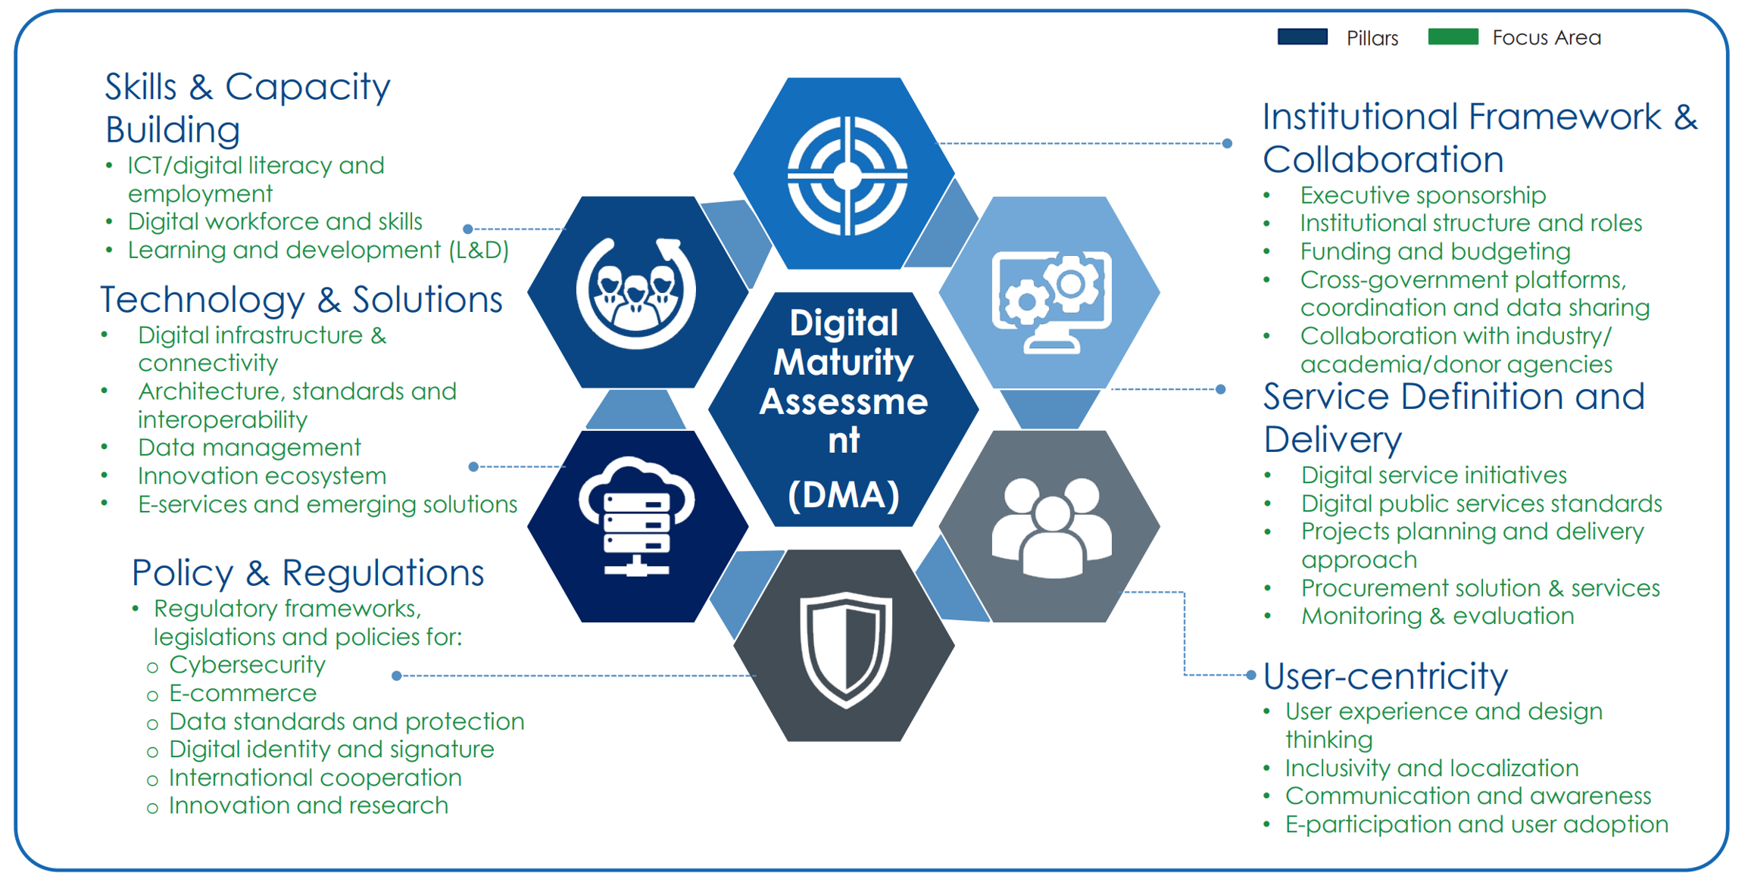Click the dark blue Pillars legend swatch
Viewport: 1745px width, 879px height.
click(1302, 37)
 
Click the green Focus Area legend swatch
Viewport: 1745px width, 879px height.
click(1452, 37)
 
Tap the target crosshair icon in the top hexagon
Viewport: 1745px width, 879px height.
click(847, 176)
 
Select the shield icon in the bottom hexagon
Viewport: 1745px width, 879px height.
click(846, 649)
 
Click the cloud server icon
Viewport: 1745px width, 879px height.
click(636, 516)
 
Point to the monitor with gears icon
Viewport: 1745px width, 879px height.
click(1051, 301)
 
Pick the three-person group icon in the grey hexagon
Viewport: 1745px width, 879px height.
click(1051, 527)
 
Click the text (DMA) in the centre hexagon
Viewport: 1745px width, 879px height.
click(844, 495)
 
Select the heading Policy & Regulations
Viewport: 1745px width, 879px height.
click(307, 572)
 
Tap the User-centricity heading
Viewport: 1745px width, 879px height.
click(1385, 675)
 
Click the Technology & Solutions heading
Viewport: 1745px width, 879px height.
click(301, 299)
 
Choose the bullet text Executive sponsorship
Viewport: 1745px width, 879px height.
click(1422, 195)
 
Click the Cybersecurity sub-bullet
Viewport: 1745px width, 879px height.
click(247, 665)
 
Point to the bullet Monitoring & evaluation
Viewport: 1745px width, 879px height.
click(1437, 616)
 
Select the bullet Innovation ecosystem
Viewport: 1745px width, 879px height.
click(262, 476)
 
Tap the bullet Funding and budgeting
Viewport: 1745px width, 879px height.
click(1434, 251)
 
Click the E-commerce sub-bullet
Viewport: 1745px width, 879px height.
click(242, 694)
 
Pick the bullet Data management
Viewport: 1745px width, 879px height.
click(249, 447)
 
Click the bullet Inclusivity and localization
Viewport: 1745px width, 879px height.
click(1431, 768)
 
